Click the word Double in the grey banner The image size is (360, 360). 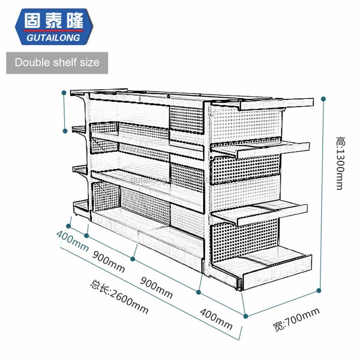click(32, 62)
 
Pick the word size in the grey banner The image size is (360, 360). click(90, 62)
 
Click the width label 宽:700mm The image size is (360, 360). click(296, 319)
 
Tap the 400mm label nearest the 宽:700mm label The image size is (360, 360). click(216, 319)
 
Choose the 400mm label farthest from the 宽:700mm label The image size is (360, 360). click(72, 242)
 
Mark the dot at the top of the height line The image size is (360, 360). click(323, 98)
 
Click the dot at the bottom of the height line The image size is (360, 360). click(318, 290)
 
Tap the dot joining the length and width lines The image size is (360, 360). click(246, 316)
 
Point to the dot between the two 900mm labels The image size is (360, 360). click(133, 258)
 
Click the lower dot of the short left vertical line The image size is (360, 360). click(66, 131)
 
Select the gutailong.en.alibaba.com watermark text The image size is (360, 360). click(180, 179)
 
